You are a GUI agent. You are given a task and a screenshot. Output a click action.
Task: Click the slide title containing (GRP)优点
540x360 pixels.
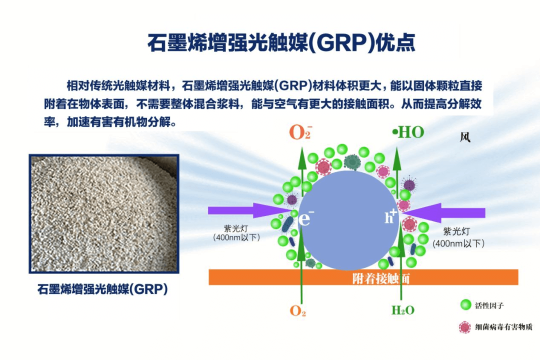click(281, 42)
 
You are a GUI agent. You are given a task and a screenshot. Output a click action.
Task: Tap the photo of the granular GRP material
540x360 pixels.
click(104, 213)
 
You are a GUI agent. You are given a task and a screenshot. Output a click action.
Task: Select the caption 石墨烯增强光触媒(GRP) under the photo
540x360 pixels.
click(102, 289)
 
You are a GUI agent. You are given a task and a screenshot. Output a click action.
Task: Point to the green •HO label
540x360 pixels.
click(408, 132)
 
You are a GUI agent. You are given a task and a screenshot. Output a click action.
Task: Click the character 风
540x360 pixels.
click(465, 137)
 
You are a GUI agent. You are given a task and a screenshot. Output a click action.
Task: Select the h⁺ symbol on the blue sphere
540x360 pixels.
click(390, 216)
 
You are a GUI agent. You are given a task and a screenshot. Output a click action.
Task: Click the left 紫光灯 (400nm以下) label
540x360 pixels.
click(236, 233)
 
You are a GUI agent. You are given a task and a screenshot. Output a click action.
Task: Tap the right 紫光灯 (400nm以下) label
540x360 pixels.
click(458, 237)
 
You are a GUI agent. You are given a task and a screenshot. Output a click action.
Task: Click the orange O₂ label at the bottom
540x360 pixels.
click(298, 310)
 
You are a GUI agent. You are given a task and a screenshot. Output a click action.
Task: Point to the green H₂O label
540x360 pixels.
click(402, 310)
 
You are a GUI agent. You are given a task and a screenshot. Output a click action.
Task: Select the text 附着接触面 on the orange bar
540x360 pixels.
click(380, 278)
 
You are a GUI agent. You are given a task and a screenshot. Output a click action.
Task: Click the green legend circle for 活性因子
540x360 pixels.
click(465, 305)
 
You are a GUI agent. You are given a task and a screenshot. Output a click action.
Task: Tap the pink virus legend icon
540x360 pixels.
click(465, 327)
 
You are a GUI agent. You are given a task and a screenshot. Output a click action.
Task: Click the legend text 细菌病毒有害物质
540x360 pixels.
click(503, 327)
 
